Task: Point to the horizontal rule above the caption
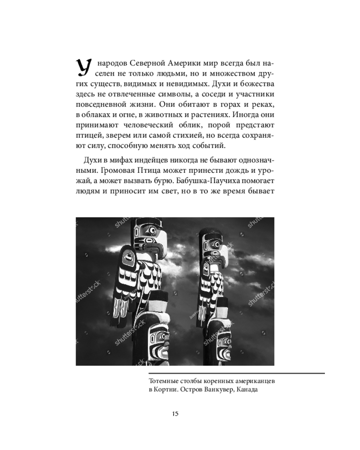click(x=236, y=373)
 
